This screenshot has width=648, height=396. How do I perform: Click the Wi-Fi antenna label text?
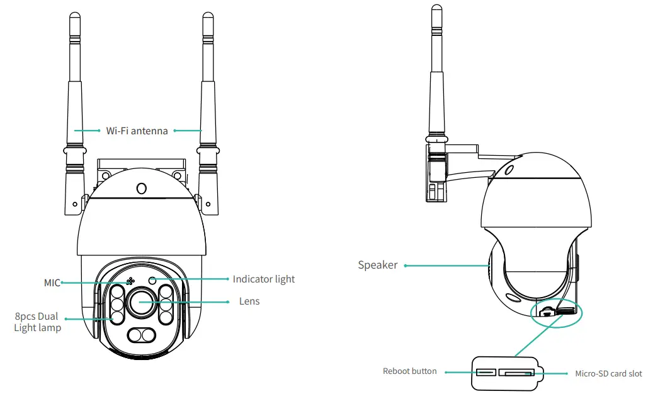[x=137, y=131]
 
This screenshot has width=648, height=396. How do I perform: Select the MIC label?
[x=52, y=283]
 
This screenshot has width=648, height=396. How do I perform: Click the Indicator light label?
[x=263, y=279]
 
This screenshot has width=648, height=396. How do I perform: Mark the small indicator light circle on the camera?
[x=152, y=279]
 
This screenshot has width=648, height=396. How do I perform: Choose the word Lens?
[x=249, y=301]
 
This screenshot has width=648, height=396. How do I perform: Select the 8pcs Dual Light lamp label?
[x=38, y=322]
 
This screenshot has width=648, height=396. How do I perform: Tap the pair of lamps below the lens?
[x=140, y=335]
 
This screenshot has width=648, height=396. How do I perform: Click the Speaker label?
[x=378, y=265]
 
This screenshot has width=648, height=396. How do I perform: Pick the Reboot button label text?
[x=409, y=371]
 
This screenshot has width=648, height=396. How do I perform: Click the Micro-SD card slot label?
[x=608, y=373]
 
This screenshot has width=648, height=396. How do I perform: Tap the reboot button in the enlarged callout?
[x=486, y=372]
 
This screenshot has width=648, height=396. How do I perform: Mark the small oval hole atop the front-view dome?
[x=141, y=189]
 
